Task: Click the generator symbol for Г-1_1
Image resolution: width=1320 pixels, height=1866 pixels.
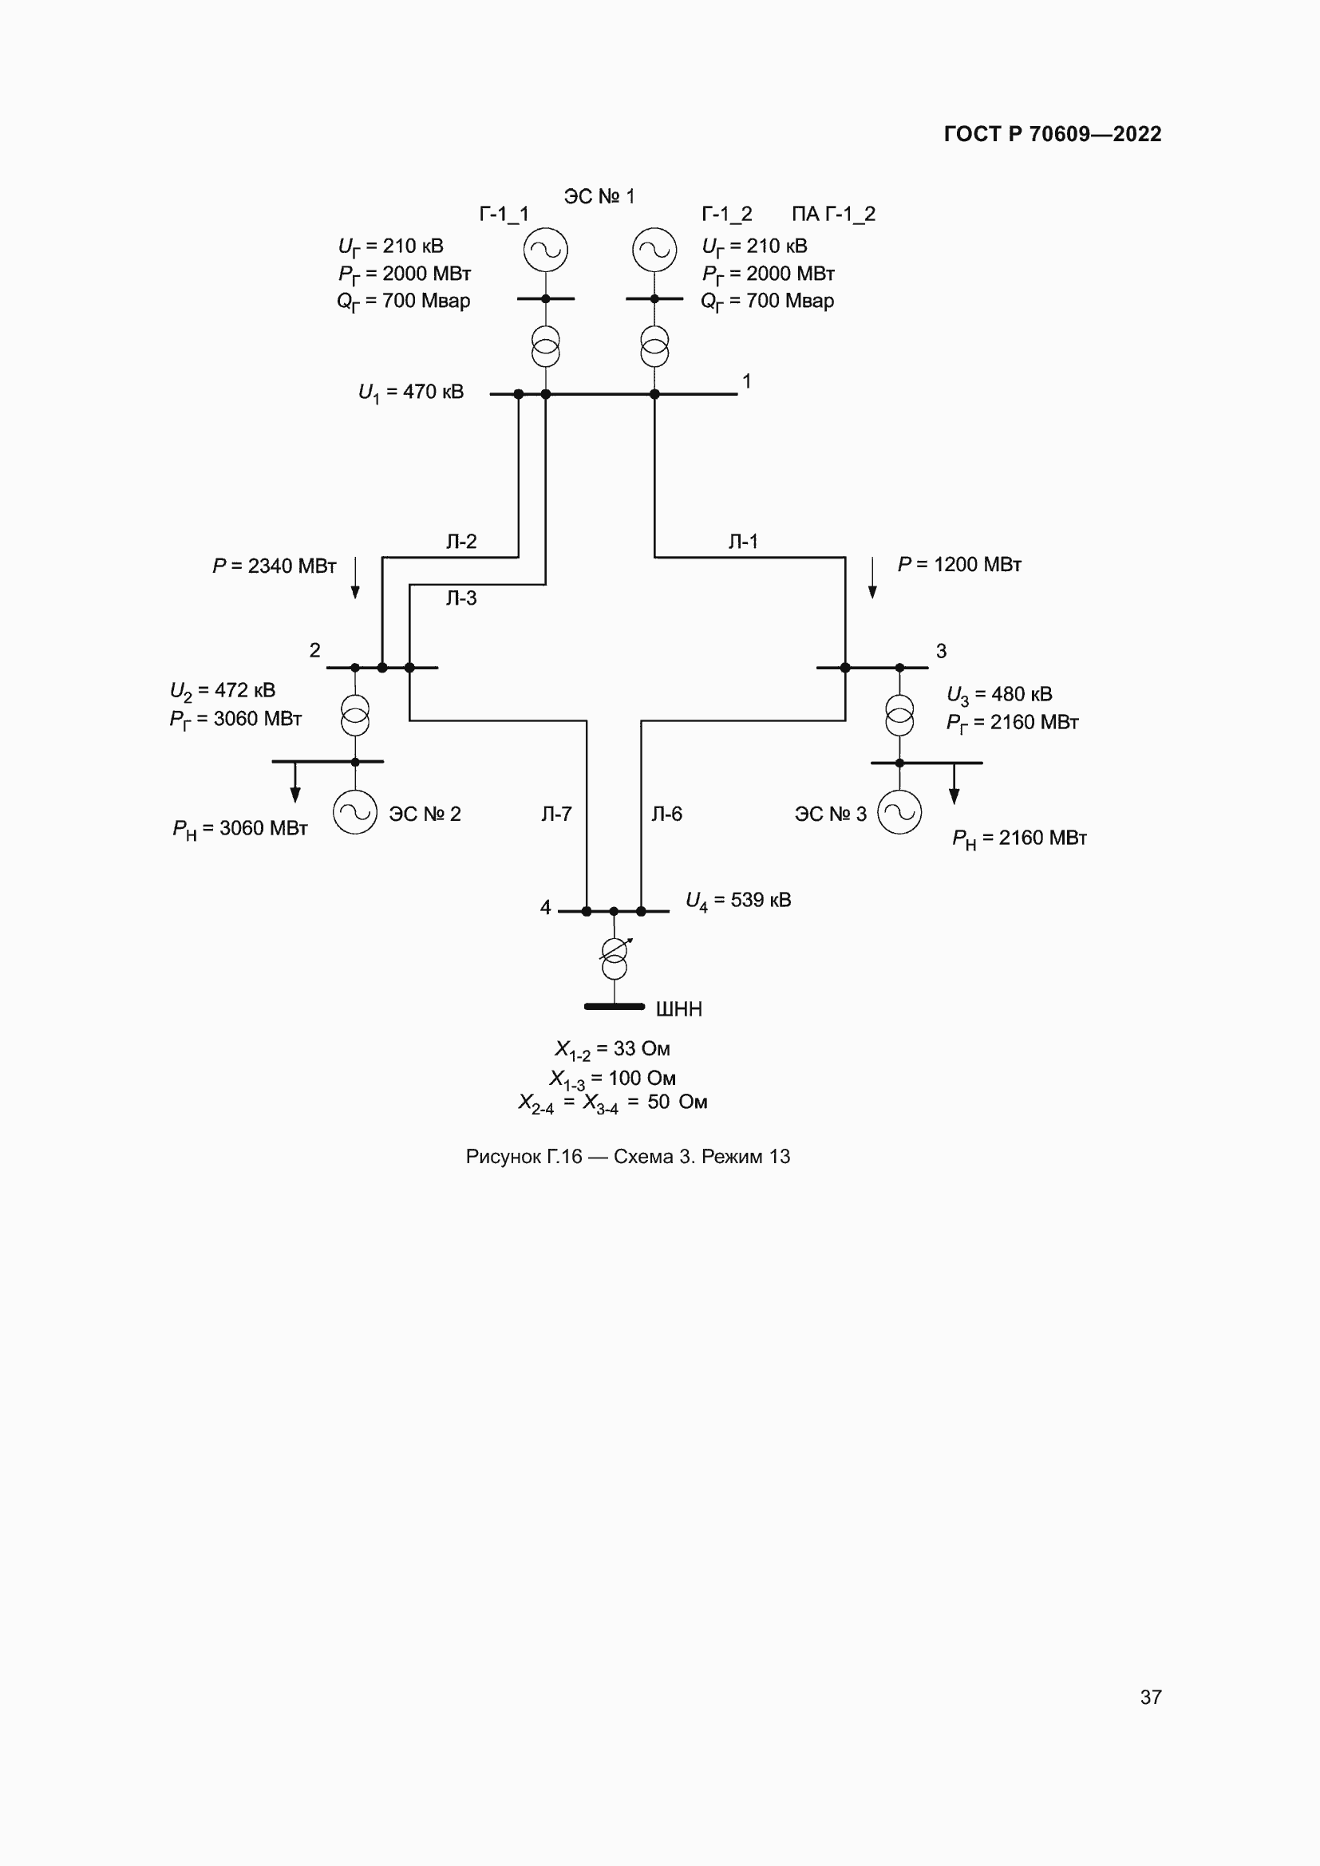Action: click(x=545, y=250)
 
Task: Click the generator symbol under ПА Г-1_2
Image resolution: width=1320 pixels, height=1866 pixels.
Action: click(x=654, y=250)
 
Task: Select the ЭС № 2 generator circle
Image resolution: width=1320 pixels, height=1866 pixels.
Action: click(x=355, y=812)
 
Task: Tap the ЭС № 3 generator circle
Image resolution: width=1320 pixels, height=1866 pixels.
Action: click(x=899, y=812)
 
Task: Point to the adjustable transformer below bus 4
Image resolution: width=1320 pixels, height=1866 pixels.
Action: click(x=615, y=957)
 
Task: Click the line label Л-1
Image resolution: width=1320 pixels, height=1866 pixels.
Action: click(x=743, y=541)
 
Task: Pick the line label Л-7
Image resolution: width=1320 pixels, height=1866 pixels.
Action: click(x=557, y=814)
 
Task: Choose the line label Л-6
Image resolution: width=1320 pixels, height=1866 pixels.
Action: click(x=666, y=814)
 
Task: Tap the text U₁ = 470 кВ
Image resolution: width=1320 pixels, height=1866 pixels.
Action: click(x=411, y=393)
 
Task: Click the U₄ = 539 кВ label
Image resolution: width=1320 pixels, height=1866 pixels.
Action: click(x=738, y=901)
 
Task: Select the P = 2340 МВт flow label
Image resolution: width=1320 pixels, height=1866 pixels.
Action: click(x=275, y=566)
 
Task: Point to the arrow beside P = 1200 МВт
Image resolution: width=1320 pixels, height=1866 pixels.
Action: click(x=872, y=578)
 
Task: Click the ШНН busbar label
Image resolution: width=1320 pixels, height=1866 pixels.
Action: click(x=678, y=1009)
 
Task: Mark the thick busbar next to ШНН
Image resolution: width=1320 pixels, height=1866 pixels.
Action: click(x=615, y=1007)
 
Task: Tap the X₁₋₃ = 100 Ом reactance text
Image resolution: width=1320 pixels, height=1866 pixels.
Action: click(x=613, y=1079)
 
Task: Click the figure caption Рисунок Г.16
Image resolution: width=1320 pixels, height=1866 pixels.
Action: click(x=627, y=1157)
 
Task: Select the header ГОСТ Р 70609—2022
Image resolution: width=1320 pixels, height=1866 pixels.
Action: click(x=1053, y=134)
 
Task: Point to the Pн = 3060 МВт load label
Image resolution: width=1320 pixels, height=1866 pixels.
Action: click(x=239, y=829)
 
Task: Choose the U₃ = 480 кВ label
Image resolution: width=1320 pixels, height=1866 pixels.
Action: click(x=1000, y=695)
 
